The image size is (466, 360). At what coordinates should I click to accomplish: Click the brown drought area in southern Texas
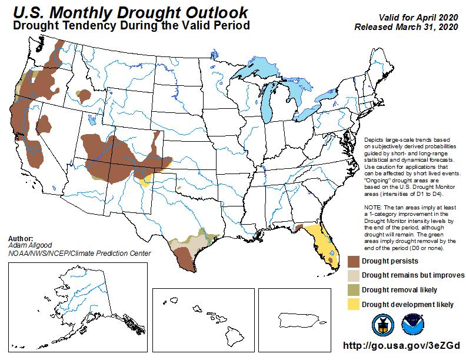point(184,256)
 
